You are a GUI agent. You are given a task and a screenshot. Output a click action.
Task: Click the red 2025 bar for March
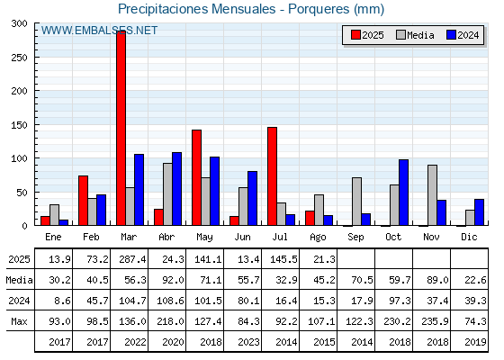(x=121, y=128)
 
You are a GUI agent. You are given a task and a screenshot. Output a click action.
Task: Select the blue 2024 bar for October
(x=404, y=193)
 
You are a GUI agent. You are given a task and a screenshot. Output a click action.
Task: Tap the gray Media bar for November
(x=432, y=195)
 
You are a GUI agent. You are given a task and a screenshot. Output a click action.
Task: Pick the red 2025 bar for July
(x=272, y=176)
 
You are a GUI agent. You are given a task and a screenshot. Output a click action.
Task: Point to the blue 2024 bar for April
(x=176, y=189)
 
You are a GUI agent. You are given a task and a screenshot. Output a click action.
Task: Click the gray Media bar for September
(x=356, y=202)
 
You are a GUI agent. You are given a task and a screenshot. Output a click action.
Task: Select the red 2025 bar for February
(x=83, y=201)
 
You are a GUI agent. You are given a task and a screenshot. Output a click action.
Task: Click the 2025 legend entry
(x=367, y=35)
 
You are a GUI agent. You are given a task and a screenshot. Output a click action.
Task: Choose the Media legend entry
(x=415, y=35)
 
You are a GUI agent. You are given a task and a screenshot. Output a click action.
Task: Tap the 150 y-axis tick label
(x=19, y=125)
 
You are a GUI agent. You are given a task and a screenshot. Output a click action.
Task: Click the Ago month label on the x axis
(x=318, y=238)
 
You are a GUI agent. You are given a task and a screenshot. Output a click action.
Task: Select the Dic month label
(x=469, y=237)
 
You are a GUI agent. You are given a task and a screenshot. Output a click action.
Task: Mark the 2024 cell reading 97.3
(x=400, y=301)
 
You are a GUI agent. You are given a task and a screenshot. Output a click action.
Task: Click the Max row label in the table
(x=19, y=321)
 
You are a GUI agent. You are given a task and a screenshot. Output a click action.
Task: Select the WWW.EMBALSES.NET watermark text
(x=99, y=31)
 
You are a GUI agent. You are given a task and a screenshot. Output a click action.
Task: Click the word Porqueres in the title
(x=319, y=9)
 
